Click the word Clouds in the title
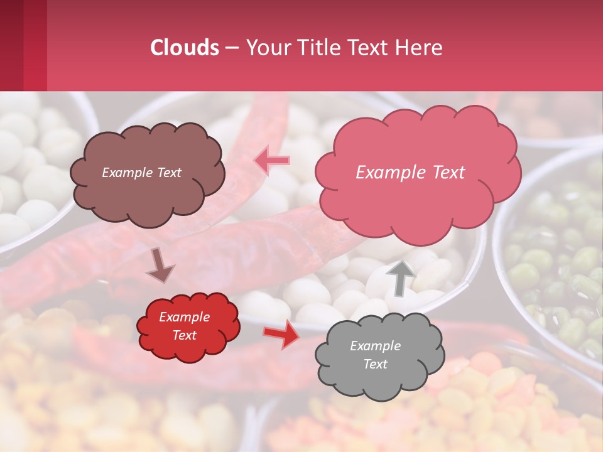[x=185, y=48]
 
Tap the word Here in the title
[x=420, y=48]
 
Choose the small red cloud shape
[x=188, y=327]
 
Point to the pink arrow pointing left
[x=271, y=160]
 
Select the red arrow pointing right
[x=281, y=335]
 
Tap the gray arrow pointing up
[x=400, y=277]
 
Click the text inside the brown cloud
[x=141, y=173]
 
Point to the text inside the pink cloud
[x=410, y=173]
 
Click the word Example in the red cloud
[x=184, y=317]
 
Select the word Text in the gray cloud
[x=375, y=364]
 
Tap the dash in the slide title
[x=231, y=48]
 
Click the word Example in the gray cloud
[x=375, y=346]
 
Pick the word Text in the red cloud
[x=184, y=335]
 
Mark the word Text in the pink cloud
[x=444, y=173]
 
